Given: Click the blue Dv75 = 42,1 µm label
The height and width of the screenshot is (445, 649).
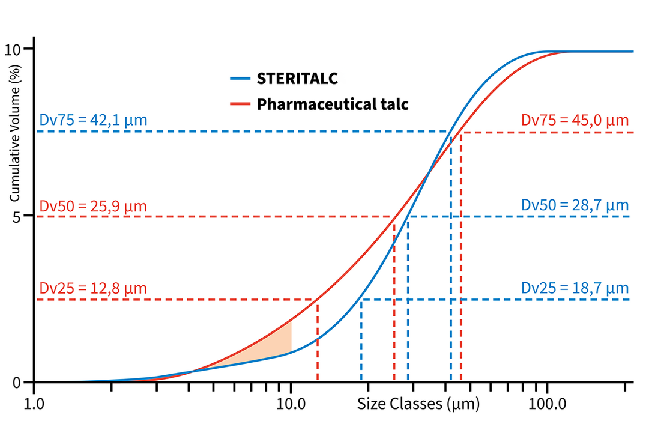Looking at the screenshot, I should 93,120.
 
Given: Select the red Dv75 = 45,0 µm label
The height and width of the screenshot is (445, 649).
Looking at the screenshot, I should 575,120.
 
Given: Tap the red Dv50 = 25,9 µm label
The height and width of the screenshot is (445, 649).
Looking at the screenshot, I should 93,206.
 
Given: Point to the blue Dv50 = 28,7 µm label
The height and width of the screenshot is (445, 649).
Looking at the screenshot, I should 575,205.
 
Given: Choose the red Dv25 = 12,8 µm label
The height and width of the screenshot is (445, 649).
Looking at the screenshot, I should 93,288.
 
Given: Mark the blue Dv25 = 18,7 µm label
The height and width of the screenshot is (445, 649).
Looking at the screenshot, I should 575,288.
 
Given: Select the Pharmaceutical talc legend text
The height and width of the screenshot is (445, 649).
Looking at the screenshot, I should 333,104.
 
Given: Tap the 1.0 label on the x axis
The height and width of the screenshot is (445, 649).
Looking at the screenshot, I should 34,404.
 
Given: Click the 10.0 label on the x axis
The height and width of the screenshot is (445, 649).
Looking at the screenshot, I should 291,404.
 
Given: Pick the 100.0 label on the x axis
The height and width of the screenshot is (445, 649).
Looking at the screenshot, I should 547,404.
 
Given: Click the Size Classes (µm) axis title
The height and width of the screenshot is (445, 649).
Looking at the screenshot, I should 418,404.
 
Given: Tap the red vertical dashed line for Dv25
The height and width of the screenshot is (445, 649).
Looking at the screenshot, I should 317,342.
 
